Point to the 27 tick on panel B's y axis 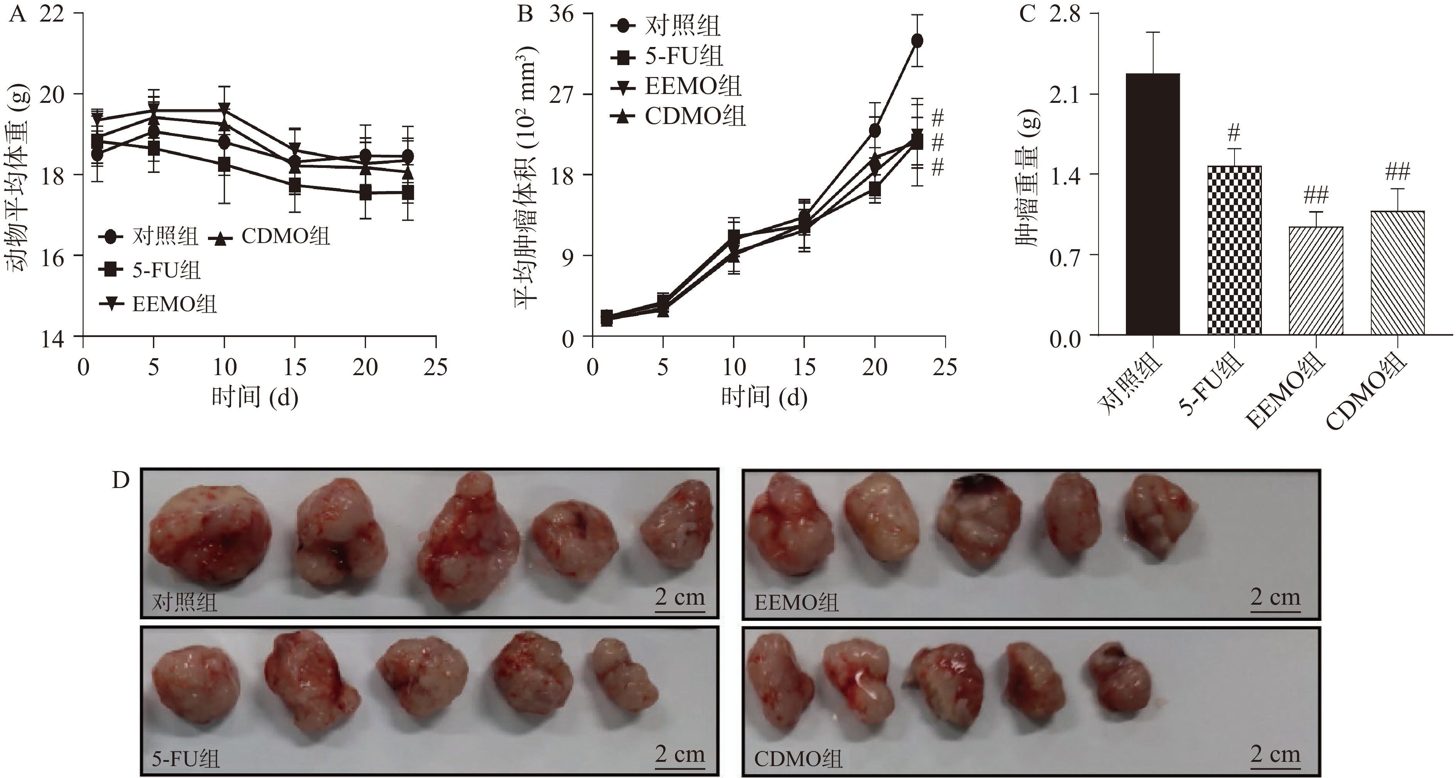click(x=561, y=94)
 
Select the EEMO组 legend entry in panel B click(x=676, y=86)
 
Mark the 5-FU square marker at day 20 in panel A click(x=366, y=193)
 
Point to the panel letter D click(x=121, y=481)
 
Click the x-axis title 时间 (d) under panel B click(x=764, y=397)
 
